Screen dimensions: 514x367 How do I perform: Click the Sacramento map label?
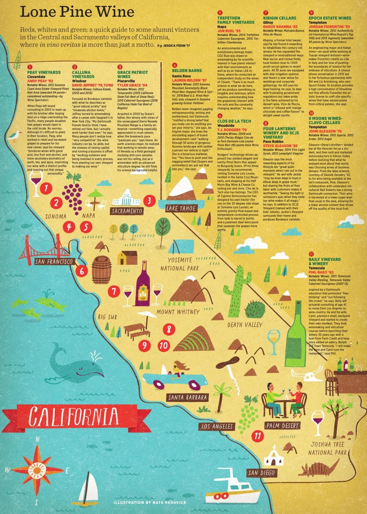pos(127,211)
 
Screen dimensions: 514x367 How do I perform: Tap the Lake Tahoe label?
pos(181,208)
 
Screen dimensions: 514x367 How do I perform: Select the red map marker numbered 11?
pos(258,436)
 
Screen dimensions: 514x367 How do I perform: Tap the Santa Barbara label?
pos(188,397)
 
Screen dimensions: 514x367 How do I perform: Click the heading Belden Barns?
pos(187,71)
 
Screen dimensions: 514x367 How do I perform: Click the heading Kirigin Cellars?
pos(279,18)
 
